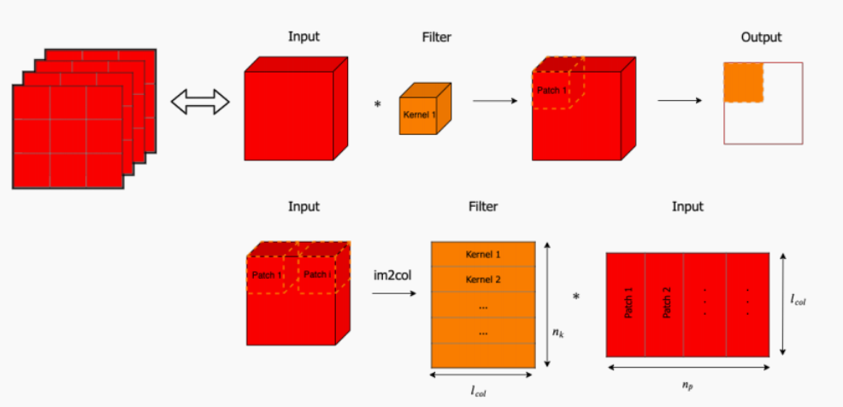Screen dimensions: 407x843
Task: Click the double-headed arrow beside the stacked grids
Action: tap(201, 103)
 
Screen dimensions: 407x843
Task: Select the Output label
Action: tap(761, 37)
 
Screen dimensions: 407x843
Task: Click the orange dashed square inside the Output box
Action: tap(743, 83)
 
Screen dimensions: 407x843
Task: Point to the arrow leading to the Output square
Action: tap(680, 101)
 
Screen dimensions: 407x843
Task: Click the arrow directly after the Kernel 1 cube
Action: tap(496, 101)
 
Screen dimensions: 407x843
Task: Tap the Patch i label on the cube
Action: tap(315, 274)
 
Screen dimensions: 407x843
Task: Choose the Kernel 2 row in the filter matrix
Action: tap(483, 280)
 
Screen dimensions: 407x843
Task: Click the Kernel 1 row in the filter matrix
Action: tap(483, 255)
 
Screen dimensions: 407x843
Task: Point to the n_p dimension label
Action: tap(688, 385)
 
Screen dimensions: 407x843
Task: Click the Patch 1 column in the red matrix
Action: tap(628, 304)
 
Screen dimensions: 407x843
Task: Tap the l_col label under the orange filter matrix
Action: tap(483, 391)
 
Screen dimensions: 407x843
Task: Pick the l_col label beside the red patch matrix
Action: tap(798, 301)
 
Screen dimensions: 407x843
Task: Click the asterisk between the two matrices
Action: tap(576, 298)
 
